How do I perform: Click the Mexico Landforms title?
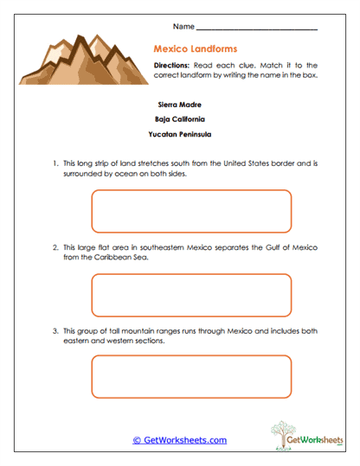click(x=195, y=49)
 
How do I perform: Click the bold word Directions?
click(x=170, y=66)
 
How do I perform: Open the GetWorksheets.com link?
click(x=179, y=440)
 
